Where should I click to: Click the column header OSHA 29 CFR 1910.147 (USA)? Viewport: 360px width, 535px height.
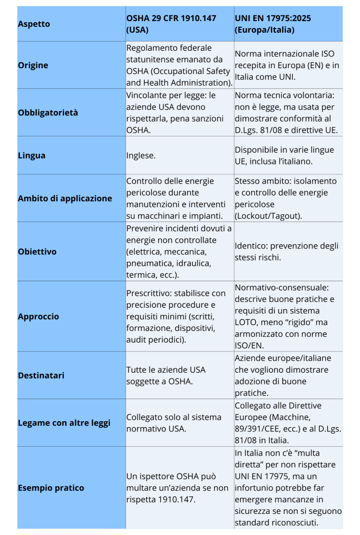click(x=171, y=24)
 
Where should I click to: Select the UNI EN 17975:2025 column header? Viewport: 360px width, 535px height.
click(x=273, y=24)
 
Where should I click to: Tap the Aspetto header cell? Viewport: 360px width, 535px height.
click(x=34, y=24)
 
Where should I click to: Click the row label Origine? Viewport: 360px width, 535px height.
click(x=33, y=65)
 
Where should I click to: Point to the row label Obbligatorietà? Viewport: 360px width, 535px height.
click(x=48, y=113)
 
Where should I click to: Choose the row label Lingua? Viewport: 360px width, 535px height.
click(x=32, y=155)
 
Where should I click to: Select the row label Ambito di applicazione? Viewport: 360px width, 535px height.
click(x=65, y=198)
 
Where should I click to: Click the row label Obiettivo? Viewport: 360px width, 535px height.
click(x=37, y=252)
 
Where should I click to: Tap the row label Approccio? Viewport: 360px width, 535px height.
click(x=39, y=317)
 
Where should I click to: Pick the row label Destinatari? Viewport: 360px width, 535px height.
click(x=41, y=375)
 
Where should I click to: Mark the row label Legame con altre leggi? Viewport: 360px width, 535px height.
click(x=64, y=423)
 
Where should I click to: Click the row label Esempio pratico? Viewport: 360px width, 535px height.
click(x=51, y=488)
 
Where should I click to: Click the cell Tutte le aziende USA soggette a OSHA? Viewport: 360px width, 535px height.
click(x=165, y=375)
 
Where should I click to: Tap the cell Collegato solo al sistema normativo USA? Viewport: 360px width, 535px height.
click(x=173, y=423)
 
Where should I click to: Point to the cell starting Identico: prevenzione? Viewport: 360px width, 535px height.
click(x=287, y=252)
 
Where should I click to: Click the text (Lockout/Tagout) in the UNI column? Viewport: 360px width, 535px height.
click(x=269, y=216)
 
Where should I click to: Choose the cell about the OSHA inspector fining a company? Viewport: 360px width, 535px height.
click(x=177, y=488)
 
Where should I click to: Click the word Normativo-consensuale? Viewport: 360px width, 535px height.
click(x=282, y=288)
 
